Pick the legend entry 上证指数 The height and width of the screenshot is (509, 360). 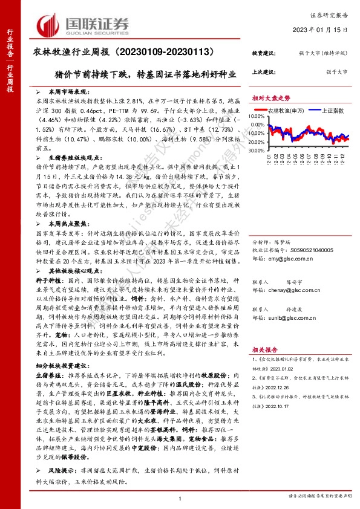[331, 111]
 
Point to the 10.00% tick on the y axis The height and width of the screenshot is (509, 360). [257, 116]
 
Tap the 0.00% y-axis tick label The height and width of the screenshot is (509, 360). [258, 128]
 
